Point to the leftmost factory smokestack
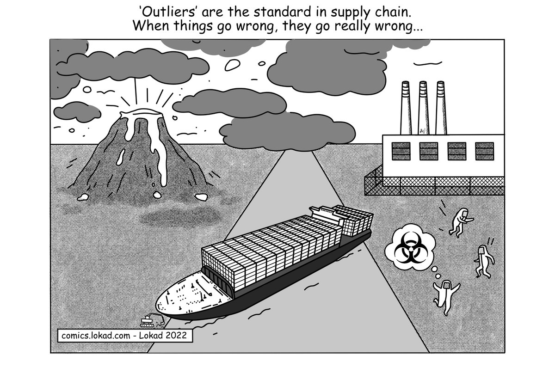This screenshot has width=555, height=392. pyautogui.click(x=406, y=109)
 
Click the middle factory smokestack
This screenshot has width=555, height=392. pyautogui.click(x=423, y=109)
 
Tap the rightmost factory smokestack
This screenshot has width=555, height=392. pyautogui.click(x=440, y=109)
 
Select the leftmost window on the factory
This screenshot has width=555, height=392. pyautogui.click(x=401, y=151)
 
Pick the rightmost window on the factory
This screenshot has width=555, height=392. pyautogui.click(x=484, y=151)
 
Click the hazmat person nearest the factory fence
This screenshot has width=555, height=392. pyautogui.click(x=459, y=221)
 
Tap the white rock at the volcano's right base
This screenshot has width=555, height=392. pyautogui.click(x=201, y=197)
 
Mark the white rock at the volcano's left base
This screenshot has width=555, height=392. pyautogui.click(x=83, y=197)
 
